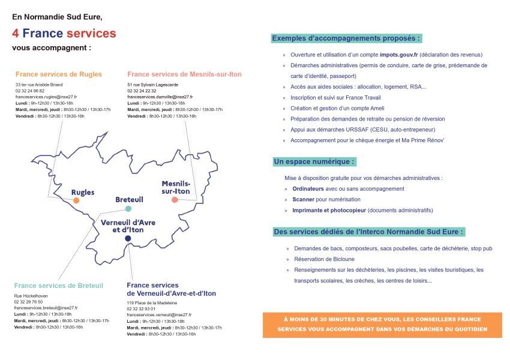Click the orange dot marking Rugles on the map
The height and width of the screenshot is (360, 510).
(76, 200)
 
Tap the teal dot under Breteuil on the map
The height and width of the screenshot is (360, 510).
(128, 209)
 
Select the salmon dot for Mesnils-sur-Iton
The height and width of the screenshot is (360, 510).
(175, 199)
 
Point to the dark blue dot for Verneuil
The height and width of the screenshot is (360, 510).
(128, 238)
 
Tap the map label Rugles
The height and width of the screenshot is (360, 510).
(83, 192)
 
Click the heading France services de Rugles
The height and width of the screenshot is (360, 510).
(59, 74)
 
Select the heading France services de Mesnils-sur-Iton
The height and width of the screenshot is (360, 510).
(184, 74)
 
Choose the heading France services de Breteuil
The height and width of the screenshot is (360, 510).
(59, 286)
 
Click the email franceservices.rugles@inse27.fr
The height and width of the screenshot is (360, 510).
(46, 97)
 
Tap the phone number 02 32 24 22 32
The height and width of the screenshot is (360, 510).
(142, 91)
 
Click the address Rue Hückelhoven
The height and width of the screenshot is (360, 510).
(31, 296)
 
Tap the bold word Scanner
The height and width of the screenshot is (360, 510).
(304, 199)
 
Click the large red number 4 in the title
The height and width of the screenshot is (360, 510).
(16, 34)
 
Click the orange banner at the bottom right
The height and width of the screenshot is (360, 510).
(382, 325)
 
